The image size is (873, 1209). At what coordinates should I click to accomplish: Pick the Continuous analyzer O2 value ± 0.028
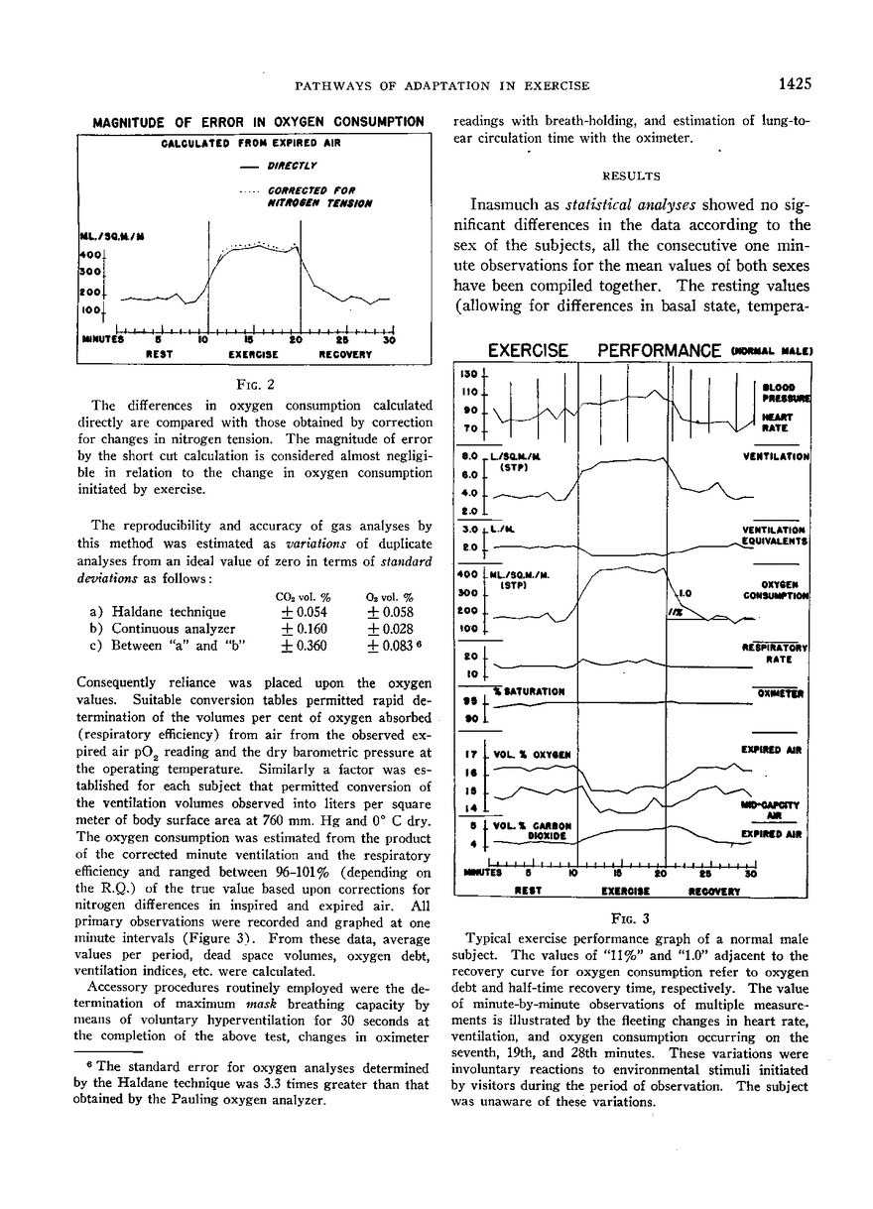390,629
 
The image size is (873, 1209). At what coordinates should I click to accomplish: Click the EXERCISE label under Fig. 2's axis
252,353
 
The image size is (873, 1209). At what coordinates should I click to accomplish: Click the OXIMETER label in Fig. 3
784,694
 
